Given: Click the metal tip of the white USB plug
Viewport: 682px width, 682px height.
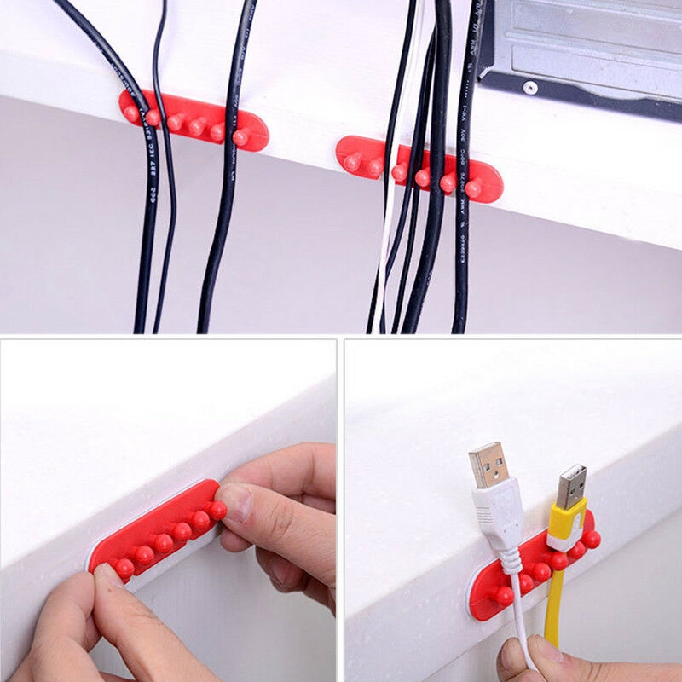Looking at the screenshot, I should point(487,464).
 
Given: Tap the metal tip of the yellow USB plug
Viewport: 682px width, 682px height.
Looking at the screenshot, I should point(571,486).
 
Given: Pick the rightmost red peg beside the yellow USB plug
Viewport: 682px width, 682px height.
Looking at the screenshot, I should point(591,539).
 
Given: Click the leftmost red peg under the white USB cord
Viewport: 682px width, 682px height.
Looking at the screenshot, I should point(504,595).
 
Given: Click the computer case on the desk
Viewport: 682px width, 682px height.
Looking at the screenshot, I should point(588,51).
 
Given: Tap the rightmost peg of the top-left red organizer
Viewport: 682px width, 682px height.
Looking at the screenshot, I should point(241,136).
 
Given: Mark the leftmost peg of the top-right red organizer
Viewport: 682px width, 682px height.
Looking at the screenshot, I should point(351,161).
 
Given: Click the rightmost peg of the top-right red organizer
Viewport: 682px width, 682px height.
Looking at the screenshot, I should point(474,187).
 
